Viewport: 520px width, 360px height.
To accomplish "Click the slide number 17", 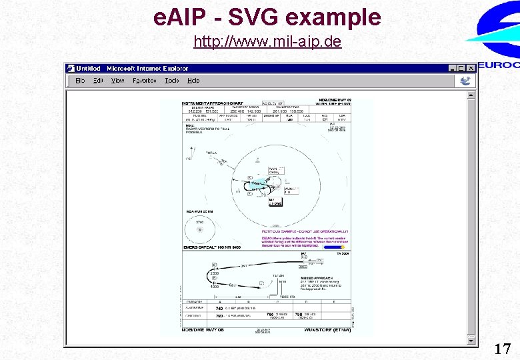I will pyautogui.click(x=503, y=348).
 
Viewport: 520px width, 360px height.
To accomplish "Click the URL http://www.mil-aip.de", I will pyautogui.click(x=267, y=42).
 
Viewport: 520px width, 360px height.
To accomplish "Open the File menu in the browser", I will pyautogui.click(x=80, y=81).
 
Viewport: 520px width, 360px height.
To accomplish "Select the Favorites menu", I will pyautogui.click(x=145, y=81).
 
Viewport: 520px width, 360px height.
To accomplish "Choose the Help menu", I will pyautogui.click(x=193, y=81).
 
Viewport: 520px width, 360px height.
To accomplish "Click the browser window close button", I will pyautogui.click(x=471, y=68).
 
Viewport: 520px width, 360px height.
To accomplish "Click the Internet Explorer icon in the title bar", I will pyautogui.click(x=70, y=68).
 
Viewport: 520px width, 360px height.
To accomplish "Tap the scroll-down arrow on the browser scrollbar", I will pyautogui.click(x=472, y=341).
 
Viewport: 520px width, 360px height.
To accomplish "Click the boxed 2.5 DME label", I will pyautogui.click(x=275, y=202).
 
